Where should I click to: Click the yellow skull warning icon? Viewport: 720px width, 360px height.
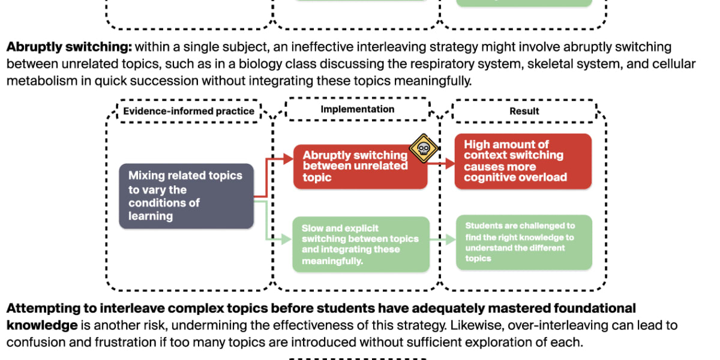pyautogui.click(x=423, y=148)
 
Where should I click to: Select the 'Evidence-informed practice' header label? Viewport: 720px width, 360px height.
pyautogui.click(x=188, y=111)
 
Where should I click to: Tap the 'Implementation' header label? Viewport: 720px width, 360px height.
pyautogui.click(x=358, y=109)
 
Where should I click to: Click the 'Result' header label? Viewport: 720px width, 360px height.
pyautogui.click(x=524, y=111)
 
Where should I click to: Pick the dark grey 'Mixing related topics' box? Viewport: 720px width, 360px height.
pyautogui.click(x=186, y=196)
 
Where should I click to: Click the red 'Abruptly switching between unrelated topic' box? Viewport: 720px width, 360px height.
pyautogui.click(x=359, y=166)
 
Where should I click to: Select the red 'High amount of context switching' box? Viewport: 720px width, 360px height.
pyautogui.click(x=523, y=161)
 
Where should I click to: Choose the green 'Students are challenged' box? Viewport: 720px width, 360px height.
pyautogui.click(x=523, y=242)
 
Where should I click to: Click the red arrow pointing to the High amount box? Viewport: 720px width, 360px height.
pyautogui.click(x=445, y=162)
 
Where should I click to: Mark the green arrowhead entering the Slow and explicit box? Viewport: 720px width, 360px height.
pyautogui.click(x=289, y=241)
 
